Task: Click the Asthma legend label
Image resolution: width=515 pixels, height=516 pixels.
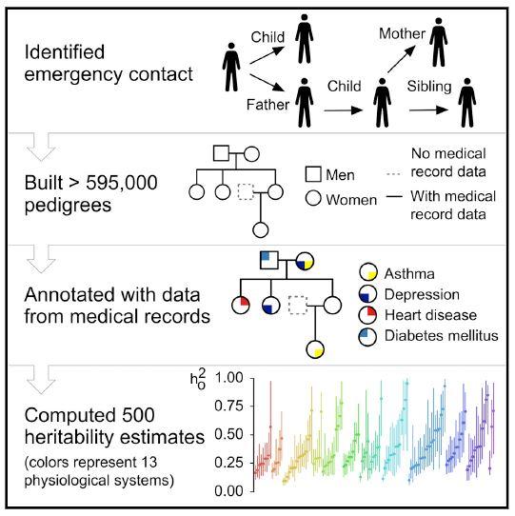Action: coord(415,274)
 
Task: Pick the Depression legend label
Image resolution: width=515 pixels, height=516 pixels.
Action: coord(427,294)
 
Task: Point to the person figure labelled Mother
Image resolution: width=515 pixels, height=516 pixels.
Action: coord(437,45)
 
